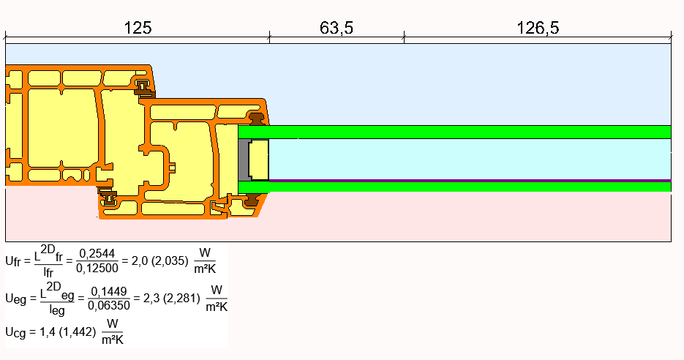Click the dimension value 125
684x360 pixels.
click(138, 28)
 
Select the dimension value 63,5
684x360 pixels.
click(337, 28)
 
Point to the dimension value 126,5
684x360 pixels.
click(538, 28)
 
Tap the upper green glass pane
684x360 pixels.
click(454, 132)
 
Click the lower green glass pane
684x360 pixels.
click(454, 187)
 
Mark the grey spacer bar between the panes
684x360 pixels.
click(244, 160)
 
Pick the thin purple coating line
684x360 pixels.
click(470, 181)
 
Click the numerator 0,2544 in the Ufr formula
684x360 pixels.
click(97, 253)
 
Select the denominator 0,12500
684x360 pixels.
click(97, 268)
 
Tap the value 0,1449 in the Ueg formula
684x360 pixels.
click(108, 291)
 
